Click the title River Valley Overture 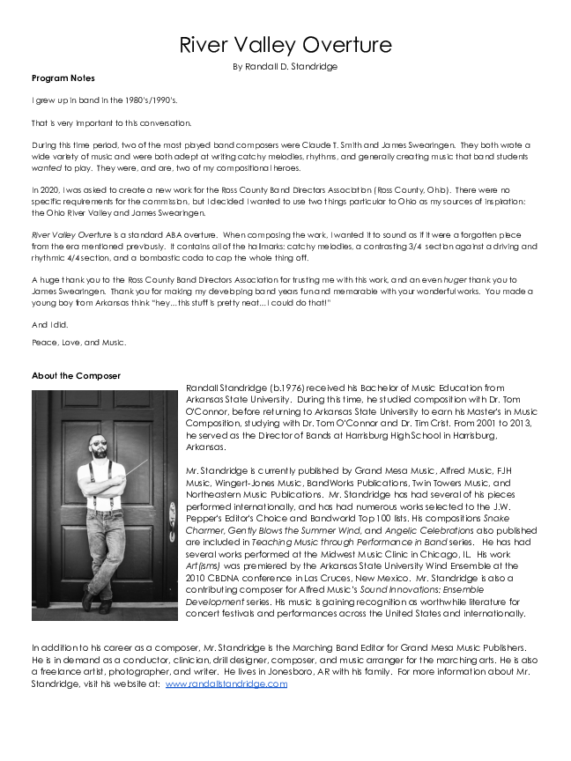(x=285, y=45)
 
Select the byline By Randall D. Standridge (x=285, y=66)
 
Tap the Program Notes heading (x=63, y=78)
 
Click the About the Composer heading (x=76, y=376)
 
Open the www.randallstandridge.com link (x=226, y=683)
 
